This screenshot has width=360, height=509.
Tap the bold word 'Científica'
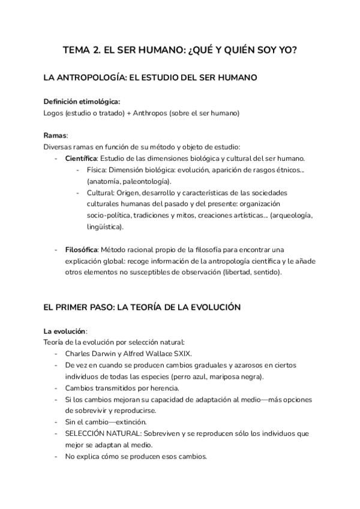pos(81,158)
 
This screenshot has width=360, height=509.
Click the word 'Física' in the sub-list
pos(96,170)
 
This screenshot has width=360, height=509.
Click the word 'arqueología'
pos(292,215)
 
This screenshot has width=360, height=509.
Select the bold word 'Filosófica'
pos(81,249)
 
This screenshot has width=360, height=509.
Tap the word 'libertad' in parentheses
pos(237,272)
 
